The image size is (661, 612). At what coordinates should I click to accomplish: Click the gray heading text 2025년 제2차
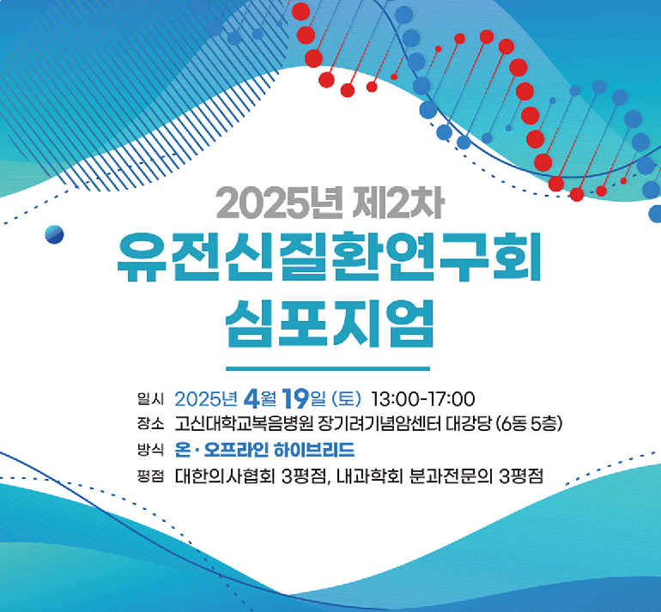pyautogui.click(x=330, y=203)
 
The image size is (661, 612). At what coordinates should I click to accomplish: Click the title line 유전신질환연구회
pyautogui.click(x=329, y=258)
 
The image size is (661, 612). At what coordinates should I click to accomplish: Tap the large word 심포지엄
pyautogui.click(x=330, y=324)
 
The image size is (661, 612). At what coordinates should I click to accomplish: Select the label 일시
pyautogui.click(x=150, y=399)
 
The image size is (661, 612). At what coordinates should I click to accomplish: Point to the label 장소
pyautogui.click(x=150, y=424)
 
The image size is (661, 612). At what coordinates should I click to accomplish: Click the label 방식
pyautogui.click(x=150, y=449)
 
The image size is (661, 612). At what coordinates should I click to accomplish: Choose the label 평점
pyautogui.click(x=150, y=476)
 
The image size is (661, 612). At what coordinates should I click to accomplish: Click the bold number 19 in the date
pyautogui.click(x=296, y=398)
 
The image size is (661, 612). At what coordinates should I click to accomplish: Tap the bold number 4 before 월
pyautogui.click(x=252, y=399)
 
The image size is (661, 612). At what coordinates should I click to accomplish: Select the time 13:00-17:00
pyautogui.click(x=423, y=399)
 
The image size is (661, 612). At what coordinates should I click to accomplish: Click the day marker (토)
pyautogui.click(x=347, y=399)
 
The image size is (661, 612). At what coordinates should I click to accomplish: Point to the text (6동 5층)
pyautogui.click(x=530, y=424)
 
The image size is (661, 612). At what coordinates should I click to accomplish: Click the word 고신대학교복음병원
pyautogui.click(x=244, y=424)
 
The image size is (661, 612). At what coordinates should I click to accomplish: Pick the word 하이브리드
pyautogui.click(x=314, y=450)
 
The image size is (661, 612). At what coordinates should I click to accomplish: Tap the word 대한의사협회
pyautogui.click(x=225, y=476)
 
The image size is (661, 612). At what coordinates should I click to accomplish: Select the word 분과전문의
pyautogui.click(x=451, y=476)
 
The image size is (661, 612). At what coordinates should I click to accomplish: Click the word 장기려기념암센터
pyautogui.click(x=379, y=424)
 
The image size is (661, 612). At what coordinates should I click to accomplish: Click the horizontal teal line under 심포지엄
pyautogui.click(x=328, y=369)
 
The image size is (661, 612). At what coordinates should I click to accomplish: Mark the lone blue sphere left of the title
pyautogui.click(x=54, y=234)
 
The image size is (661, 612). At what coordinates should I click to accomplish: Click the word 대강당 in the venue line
pyautogui.click(x=469, y=424)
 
